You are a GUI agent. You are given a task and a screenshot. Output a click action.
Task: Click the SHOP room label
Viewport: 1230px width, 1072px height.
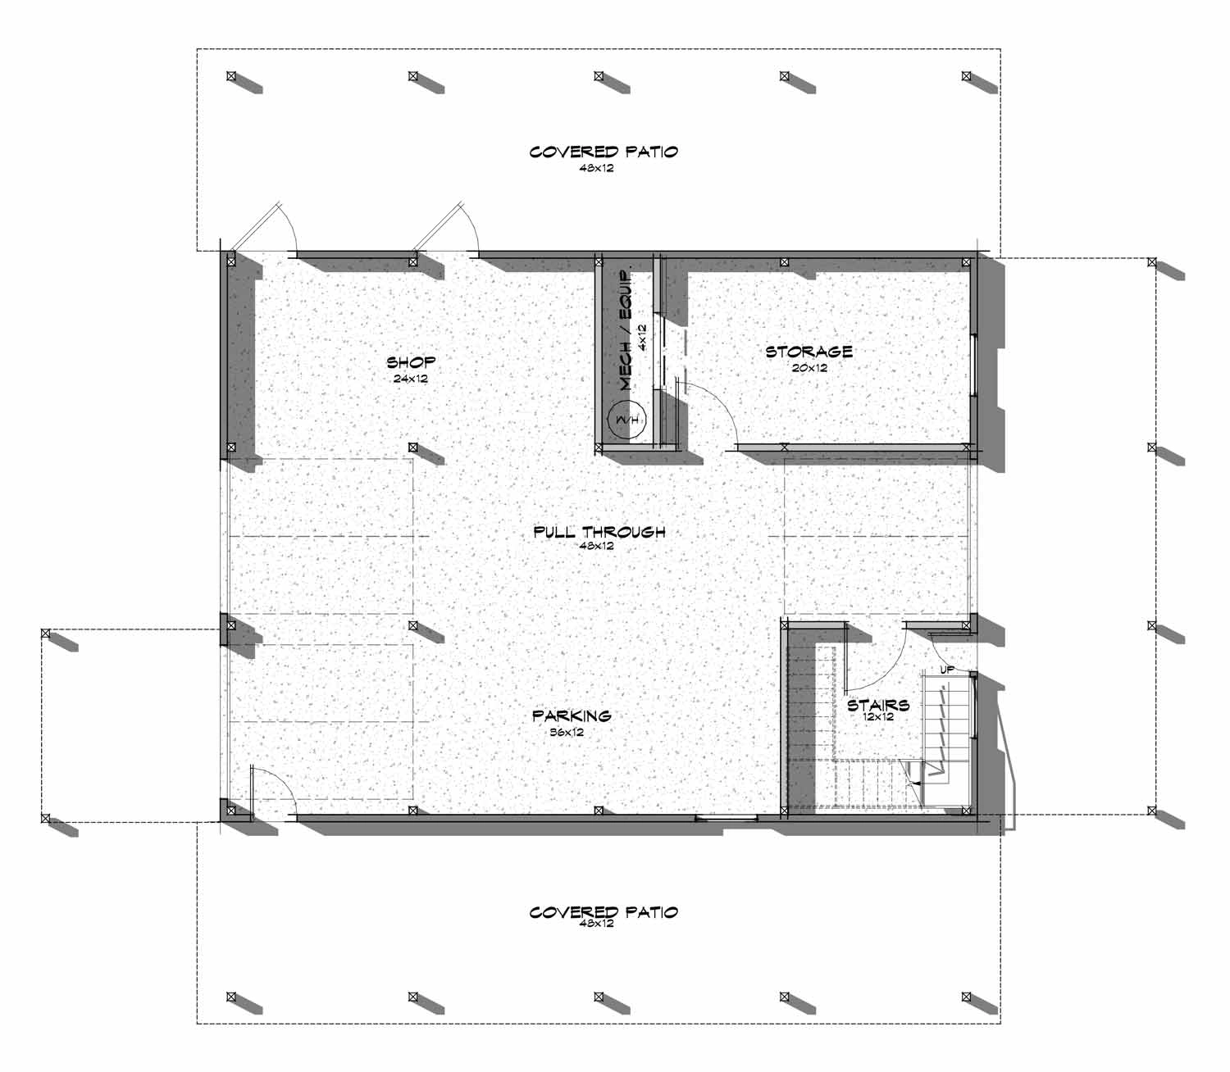[411, 361]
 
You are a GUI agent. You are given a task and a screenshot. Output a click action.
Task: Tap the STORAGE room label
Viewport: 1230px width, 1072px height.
[809, 352]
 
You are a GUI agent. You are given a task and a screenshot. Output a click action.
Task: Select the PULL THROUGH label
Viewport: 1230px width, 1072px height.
[599, 532]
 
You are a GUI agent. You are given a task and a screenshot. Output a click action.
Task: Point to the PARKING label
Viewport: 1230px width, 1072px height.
[572, 715]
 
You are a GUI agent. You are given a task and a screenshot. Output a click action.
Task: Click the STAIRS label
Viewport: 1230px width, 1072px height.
[877, 705]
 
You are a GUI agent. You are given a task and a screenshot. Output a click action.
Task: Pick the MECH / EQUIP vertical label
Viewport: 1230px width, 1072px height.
[626, 329]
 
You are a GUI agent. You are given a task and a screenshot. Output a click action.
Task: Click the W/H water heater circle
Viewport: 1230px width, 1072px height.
[626, 420]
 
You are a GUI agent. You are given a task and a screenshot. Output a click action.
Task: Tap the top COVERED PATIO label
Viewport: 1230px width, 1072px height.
[604, 152]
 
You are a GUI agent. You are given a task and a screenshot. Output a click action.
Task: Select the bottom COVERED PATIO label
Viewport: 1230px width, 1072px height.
[604, 911]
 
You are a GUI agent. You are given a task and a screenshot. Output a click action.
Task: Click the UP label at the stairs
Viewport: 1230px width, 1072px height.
[947, 670]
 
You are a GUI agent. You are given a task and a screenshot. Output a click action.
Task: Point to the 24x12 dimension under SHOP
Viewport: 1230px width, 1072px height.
[411, 379]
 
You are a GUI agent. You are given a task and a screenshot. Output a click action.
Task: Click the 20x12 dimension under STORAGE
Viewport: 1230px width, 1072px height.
[809, 368]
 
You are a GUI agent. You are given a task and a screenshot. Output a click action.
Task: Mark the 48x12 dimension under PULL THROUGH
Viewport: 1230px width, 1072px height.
[598, 546]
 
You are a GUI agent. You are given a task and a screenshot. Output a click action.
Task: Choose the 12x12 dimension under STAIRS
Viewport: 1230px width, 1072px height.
[877, 717]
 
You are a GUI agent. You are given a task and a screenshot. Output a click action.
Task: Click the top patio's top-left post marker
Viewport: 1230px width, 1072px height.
[231, 76]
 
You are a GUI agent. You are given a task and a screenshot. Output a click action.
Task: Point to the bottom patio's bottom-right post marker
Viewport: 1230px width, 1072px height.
[968, 997]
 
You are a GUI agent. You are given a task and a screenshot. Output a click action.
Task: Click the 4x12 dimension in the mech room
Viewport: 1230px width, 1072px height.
[642, 336]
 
